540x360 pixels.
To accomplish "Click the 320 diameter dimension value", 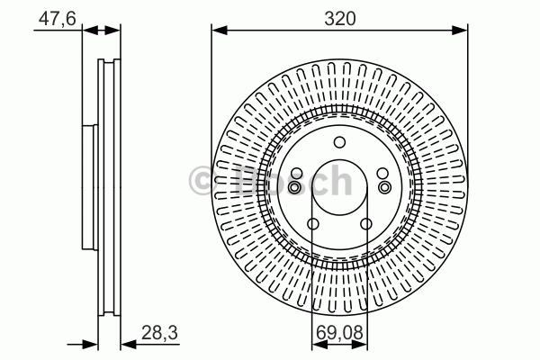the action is coord(339,19).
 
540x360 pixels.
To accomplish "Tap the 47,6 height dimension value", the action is coord(58,18).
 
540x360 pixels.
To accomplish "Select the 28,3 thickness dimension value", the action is coord(159,333).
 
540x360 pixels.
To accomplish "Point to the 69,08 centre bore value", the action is coord(339,333).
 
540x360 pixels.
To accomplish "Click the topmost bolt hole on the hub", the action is coord(339,142).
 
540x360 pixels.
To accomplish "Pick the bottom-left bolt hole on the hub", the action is coord(312,224).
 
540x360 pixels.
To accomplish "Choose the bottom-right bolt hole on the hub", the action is coord(366,224).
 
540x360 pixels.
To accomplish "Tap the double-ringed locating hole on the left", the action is coord(295,188).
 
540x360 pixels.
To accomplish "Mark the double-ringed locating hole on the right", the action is coord(384,188).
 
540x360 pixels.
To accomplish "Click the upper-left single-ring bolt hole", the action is coord(296,174).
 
